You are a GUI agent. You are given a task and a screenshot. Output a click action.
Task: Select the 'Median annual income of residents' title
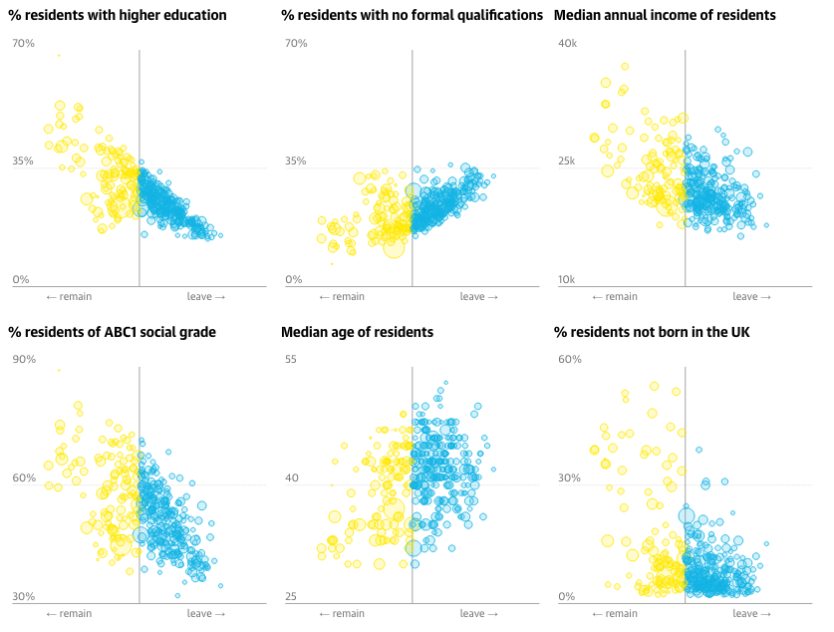click(x=665, y=16)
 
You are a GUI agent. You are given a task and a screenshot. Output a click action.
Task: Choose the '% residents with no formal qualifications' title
click(x=412, y=16)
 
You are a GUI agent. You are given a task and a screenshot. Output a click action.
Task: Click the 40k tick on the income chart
click(x=567, y=44)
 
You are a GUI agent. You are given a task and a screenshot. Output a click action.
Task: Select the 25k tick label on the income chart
click(x=567, y=160)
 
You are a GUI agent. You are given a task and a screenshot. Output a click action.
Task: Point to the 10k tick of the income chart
click(x=567, y=280)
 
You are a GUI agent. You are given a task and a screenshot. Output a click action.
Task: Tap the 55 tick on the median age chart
click(x=292, y=360)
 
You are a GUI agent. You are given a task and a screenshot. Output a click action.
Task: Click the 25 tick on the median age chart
click(x=292, y=597)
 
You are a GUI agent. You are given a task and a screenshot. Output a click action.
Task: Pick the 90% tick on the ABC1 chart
click(x=24, y=360)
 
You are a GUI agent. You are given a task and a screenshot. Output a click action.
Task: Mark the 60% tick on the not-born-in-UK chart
click(x=569, y=360)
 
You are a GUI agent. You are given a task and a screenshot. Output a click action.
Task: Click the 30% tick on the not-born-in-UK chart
click(x=569, y=478)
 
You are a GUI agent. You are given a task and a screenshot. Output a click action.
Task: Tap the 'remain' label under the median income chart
click(x=615, y=297)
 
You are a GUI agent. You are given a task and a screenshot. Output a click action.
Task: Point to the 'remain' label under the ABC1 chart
click(x=69, y=614)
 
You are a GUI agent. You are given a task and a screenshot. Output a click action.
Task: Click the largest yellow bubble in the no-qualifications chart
click(x=395, y=246)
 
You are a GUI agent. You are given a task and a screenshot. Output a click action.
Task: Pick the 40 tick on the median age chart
click(x=292, y=478)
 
